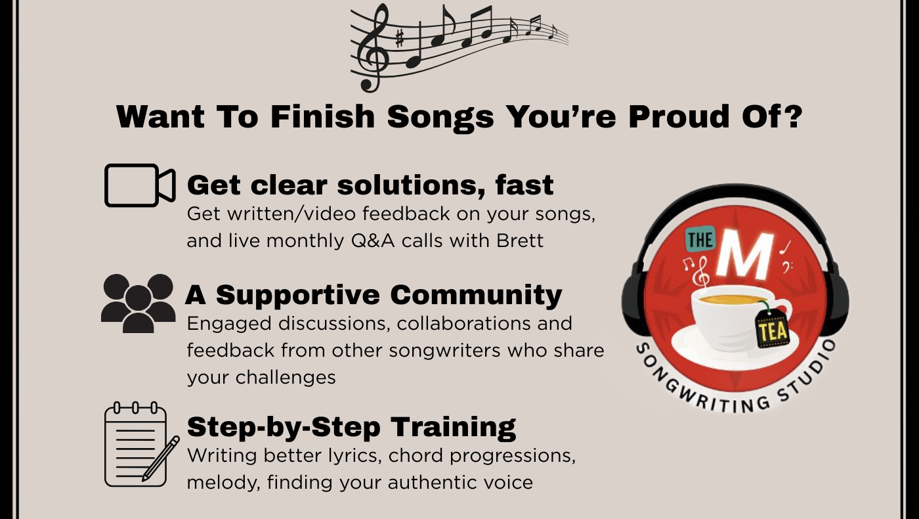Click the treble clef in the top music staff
373,47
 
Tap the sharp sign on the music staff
399,39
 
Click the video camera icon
140,185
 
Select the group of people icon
139,303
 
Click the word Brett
520,240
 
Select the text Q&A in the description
373,241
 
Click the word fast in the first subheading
524,185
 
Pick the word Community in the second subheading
476,295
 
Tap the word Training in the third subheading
453,428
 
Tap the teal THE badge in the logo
700,239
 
